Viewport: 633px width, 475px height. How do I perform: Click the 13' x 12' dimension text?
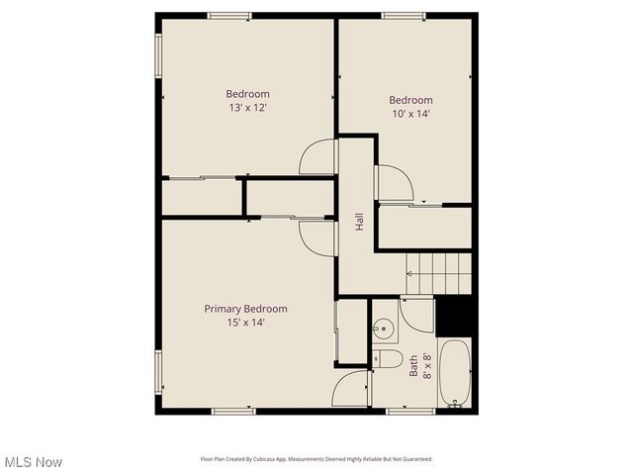(x=247, y=107)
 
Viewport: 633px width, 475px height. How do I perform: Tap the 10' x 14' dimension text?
(x=410, y=114)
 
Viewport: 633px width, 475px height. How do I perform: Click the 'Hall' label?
(x=359, y=224)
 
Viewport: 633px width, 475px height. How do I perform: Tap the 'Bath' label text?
(x=414, y=366)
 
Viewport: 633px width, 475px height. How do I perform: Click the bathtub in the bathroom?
(x=455, y=373)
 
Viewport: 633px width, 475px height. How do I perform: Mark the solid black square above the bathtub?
(x=456, y=316)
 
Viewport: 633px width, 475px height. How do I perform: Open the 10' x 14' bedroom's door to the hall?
(x=391, y=183)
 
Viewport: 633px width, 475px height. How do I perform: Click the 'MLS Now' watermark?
(x=34, y=462)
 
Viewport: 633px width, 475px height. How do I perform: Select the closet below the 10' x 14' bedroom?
(x=424, y=229)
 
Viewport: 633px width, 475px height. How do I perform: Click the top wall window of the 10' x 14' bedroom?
(x=404, y=15)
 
